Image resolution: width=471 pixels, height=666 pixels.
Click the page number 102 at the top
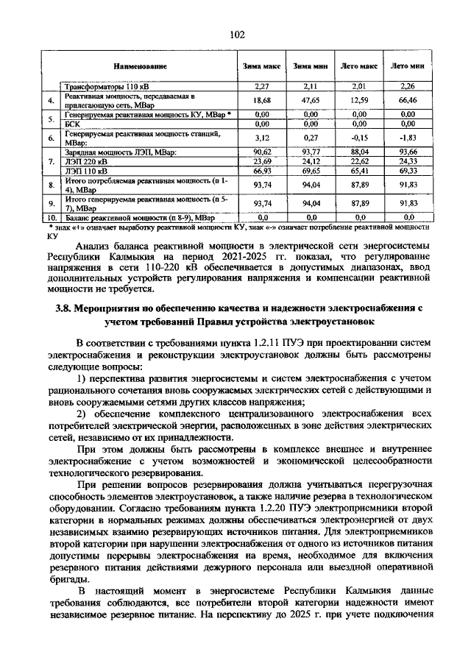tap(236, 35)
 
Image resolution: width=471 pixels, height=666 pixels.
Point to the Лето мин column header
tap(408, 66)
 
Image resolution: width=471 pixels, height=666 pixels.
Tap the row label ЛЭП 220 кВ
tap(85, 161)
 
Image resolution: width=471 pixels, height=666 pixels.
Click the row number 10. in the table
tap(51, 218)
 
